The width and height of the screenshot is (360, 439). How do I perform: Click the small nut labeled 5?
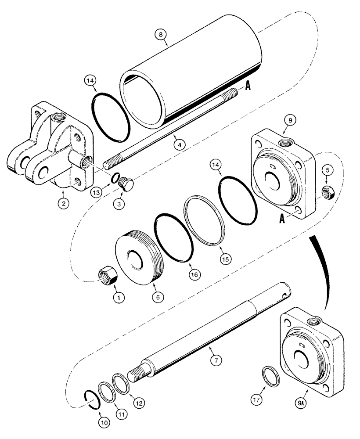point(326,191)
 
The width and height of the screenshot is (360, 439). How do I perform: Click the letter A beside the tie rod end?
point(248,87)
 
